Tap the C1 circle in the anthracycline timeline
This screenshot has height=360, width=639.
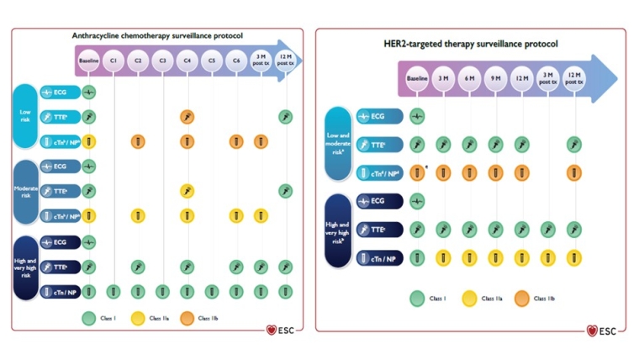(x=113, y=61)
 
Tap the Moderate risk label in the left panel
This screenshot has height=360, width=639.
(x=25, y=191)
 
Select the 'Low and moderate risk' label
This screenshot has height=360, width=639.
(x=337, y=144)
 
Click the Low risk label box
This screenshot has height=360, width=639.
(x=25, y=116)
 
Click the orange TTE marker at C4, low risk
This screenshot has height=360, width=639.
(x=187, y=116)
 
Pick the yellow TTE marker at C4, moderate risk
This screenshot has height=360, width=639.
(x=187, y=191)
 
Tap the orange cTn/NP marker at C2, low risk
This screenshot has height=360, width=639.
(x=138, y=141)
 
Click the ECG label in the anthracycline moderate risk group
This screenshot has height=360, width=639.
(x=59, y=167)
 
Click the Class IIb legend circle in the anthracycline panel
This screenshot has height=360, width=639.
(x=184, y=318)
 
